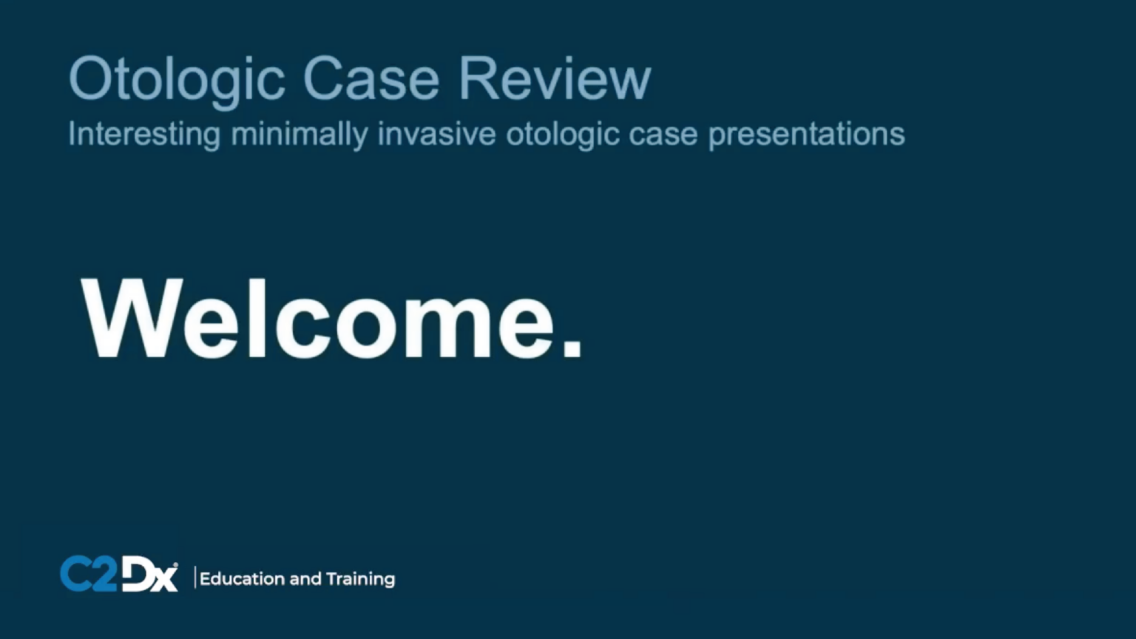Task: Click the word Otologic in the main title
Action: coord(176,79)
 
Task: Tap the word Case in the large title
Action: coord(371,78)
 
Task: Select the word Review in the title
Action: coord(555,78)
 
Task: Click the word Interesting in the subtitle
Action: coord(144,135)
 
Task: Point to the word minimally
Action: coord(299,135)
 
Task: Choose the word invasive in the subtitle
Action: coord(436,135)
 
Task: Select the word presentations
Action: coord(806,135)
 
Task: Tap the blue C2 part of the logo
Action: coord(88,574)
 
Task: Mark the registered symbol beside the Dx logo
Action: coord(175,565)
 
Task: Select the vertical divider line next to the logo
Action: coord(195,578)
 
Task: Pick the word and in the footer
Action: coord(305,578)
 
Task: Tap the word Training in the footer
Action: coord(360,579)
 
